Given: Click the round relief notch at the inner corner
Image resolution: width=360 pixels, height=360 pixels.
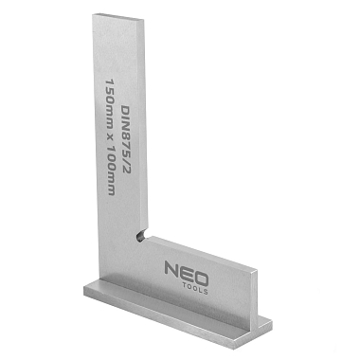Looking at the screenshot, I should click(x=140, y=234).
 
